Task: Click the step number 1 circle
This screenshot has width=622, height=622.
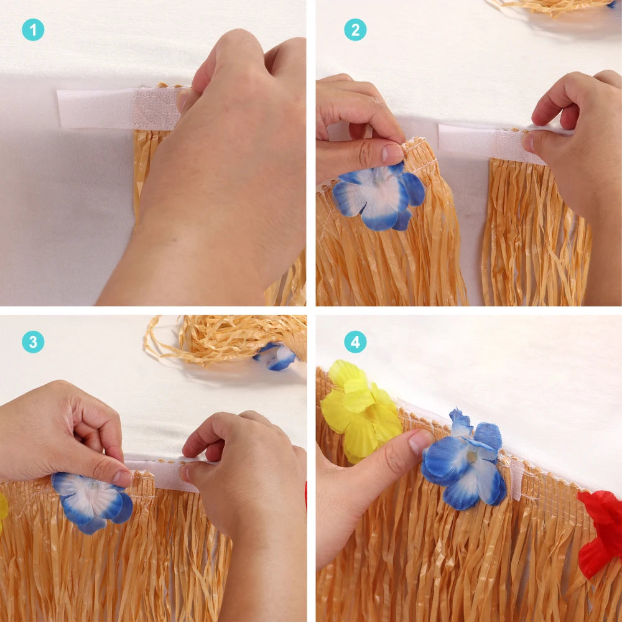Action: point(33,30)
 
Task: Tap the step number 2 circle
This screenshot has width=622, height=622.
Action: point(355,30)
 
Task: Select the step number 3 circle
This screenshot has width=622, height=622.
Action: point(33,342)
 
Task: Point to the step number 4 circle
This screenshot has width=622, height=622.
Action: point(355,342)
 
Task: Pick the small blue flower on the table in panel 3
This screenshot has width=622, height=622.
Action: point(276,356)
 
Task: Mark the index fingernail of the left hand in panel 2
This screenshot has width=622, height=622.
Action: point(392,153)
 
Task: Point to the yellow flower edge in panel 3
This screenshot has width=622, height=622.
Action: point(2,510)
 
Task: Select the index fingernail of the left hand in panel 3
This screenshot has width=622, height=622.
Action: point(123,477)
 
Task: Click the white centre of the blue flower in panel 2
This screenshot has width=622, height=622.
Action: point(377,194)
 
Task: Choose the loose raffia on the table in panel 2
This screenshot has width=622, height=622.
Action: point(551,6)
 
